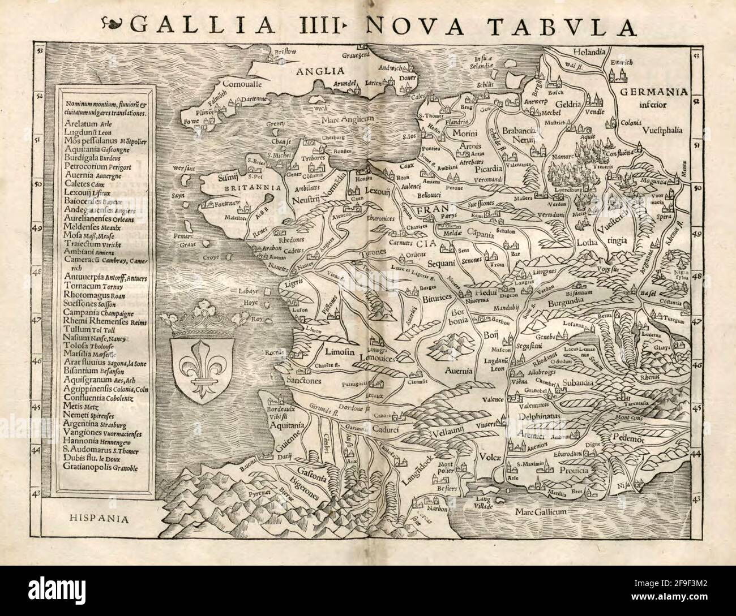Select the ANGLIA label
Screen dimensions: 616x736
point(323,71)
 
